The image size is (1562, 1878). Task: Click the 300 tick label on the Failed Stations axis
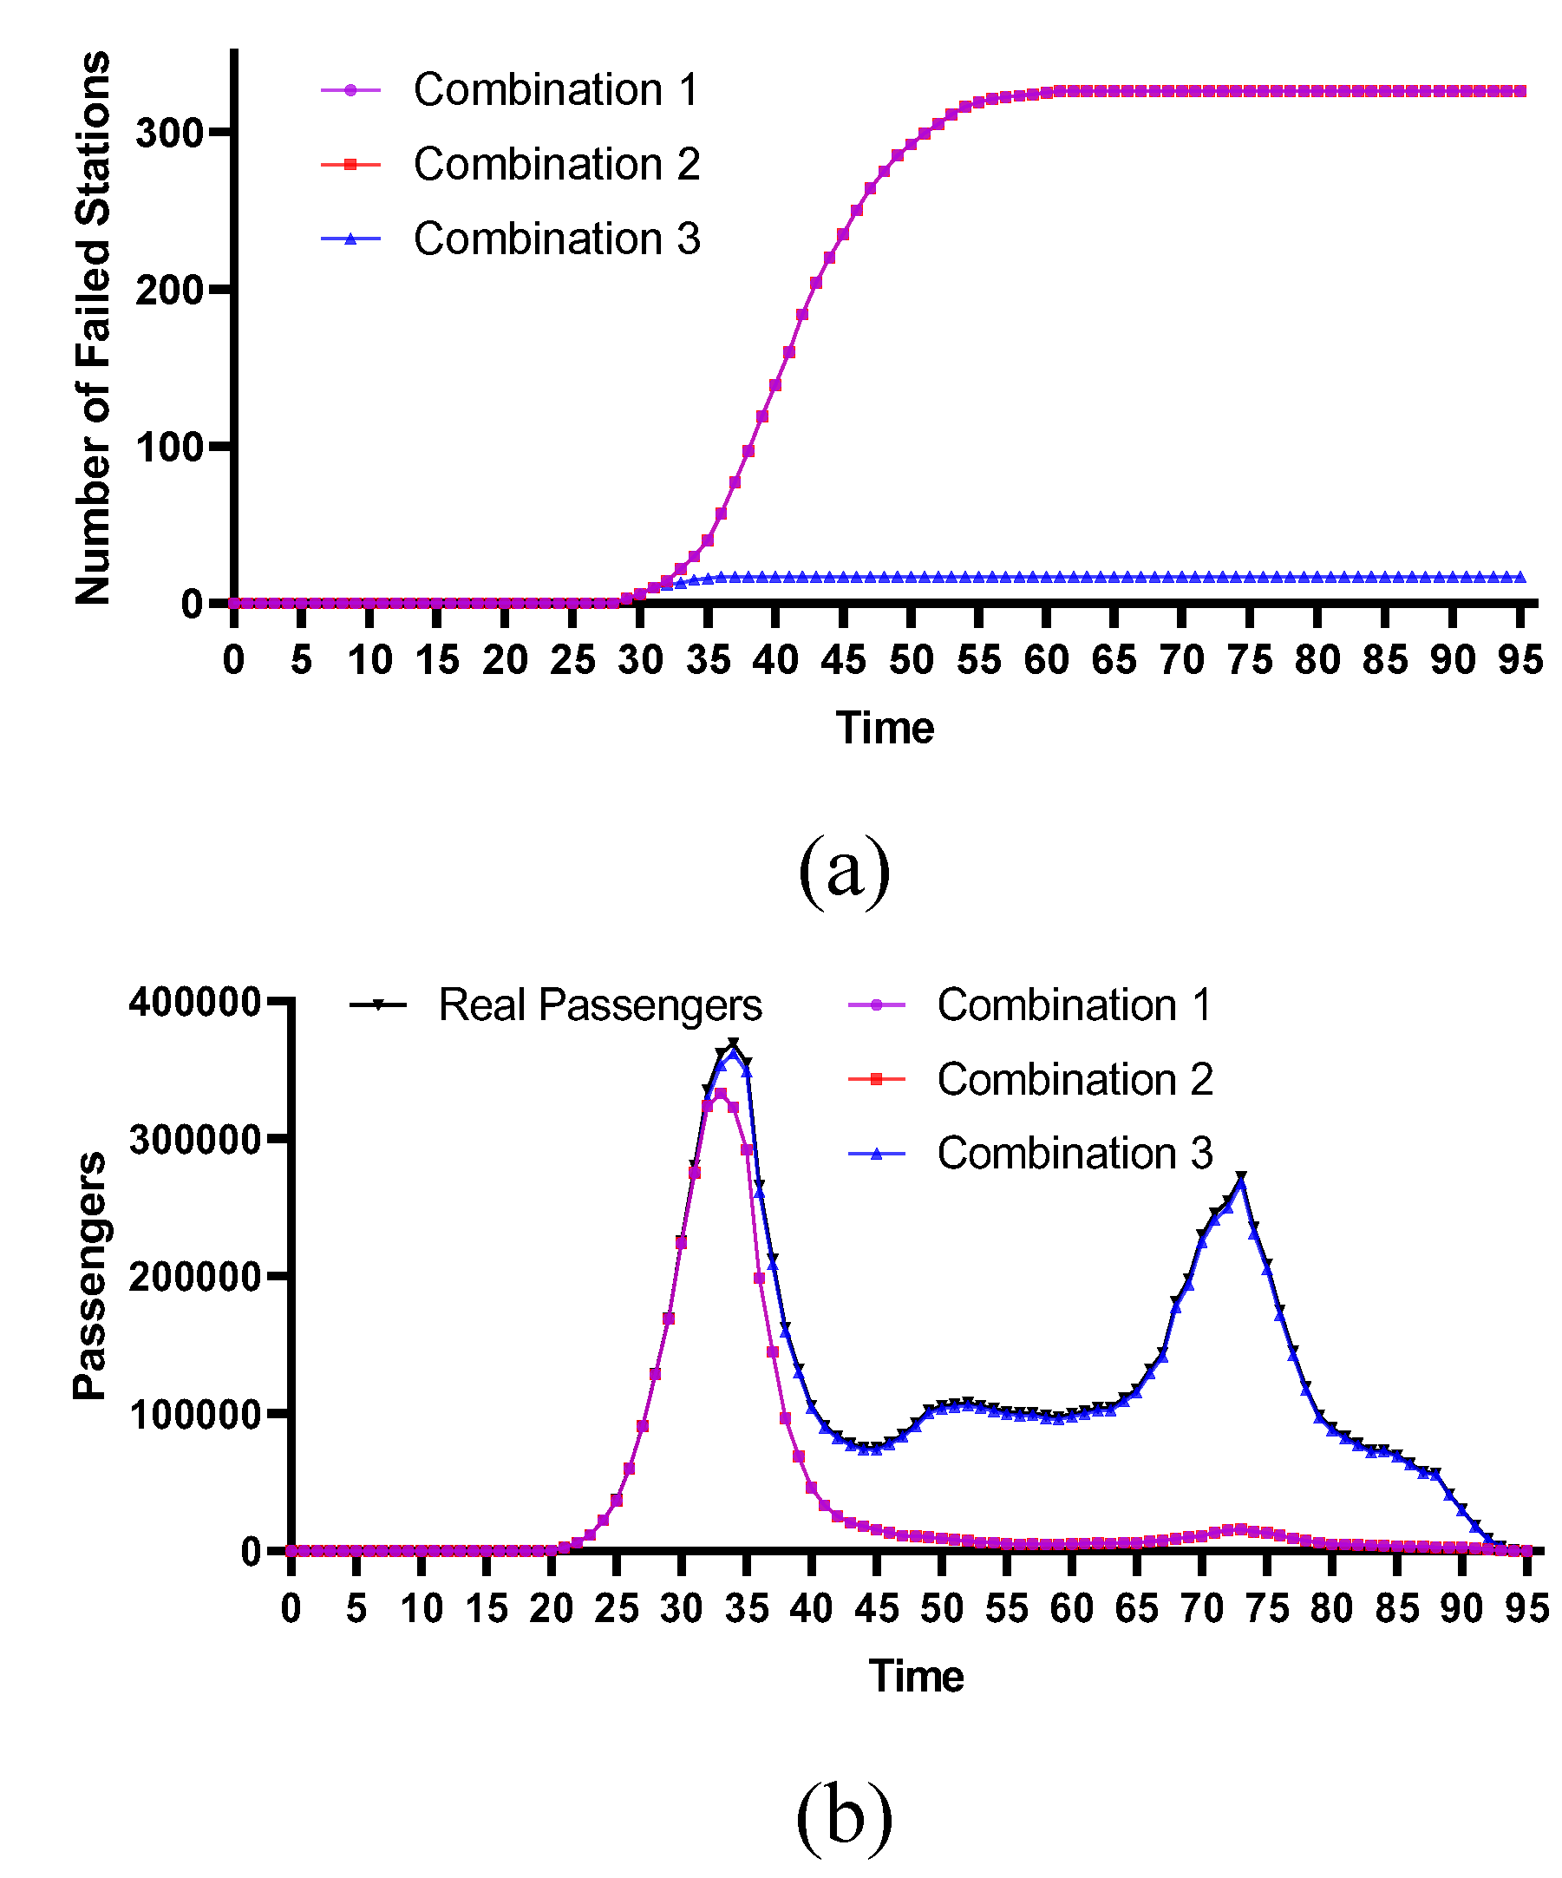tap(170, 133)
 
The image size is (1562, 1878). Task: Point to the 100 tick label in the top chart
tap(170, 447)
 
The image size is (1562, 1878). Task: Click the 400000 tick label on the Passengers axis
tap(195, 1002)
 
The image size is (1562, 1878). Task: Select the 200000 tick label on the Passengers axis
tap(195, 1276)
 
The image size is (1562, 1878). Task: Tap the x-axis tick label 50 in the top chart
tap(910, 661)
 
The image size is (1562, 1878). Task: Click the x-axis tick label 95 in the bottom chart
tap(1526, 1609)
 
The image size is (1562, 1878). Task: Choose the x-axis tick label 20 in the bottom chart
tap(551, 1609)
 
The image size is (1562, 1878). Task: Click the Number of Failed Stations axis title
tap(93, 327)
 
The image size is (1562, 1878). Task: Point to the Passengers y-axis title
tap(89, 1276)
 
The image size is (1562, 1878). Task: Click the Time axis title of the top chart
tap(885, 728)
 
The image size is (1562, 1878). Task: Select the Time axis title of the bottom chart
tap(916, 1676)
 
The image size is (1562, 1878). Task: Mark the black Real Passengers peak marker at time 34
tap(733, 1044)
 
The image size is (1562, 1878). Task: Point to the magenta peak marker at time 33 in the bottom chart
tap(720, 1094)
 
